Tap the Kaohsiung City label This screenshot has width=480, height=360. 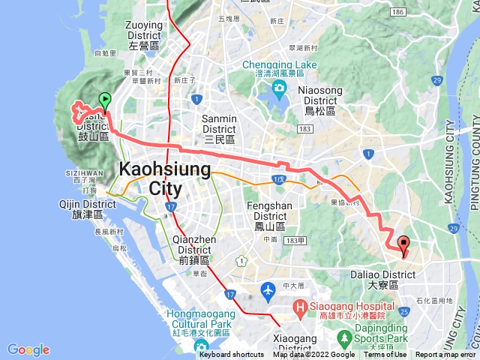(165, 178)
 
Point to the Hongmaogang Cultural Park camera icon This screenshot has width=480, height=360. (201, 346)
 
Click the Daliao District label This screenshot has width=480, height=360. (382, 280)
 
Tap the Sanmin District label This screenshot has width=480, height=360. (220, 124)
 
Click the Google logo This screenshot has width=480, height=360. (28, 349)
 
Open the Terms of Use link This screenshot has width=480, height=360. (385, 355)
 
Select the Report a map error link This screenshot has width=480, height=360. (446, 355)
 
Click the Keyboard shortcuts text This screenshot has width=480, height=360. (232, 355)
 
